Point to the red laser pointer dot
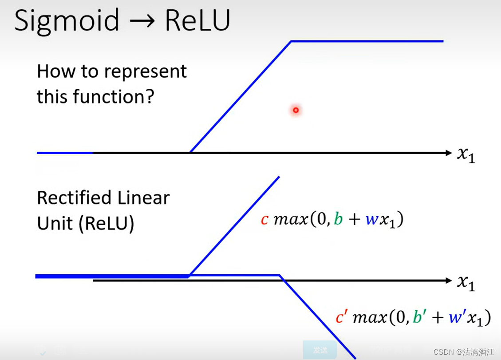pyautogui.click(x=296, y=110)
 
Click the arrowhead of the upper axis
pyautogui.click(x=448, y=153)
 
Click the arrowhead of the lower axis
pyautogui.click(x=448, y=281)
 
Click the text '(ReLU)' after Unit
pyautogui.click(x=107, y=224)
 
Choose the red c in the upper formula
pyautogui.click(x=264, y=220)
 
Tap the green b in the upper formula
pyautogui.click(x=339, y=219)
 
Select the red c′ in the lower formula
pyautogui.click(x=341, y=317)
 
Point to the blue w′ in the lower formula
pyautogui.click(x=456, y=317)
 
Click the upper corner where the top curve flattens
pyautogui.click(x=291, y=41)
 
